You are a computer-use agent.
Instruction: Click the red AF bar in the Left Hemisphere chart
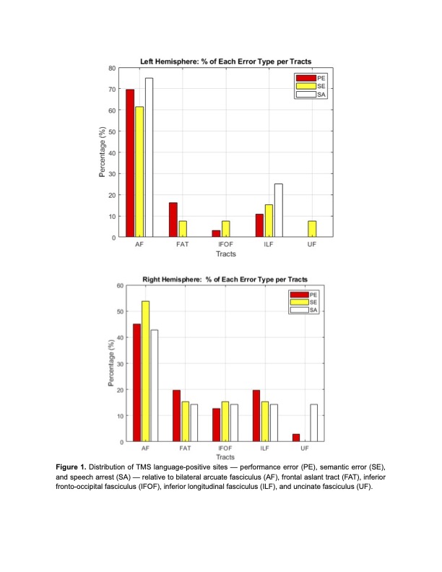tap(130, 163)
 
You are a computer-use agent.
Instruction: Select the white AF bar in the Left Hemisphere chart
tap(149, 157)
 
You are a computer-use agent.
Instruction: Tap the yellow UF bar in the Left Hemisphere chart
tap(312, 229)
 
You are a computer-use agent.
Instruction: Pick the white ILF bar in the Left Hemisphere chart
tap(279, 210)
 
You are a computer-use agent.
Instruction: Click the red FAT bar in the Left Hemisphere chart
tap(173, 220)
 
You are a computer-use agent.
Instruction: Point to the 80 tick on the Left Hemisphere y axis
tap(112, 68)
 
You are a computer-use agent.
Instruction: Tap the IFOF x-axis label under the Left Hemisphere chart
tap(226, 246)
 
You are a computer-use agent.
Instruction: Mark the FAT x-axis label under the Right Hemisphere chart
tap(183, 450)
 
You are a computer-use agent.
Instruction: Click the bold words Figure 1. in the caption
tap(75, 467)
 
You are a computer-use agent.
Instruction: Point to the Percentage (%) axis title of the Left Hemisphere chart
tap(101, 152)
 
